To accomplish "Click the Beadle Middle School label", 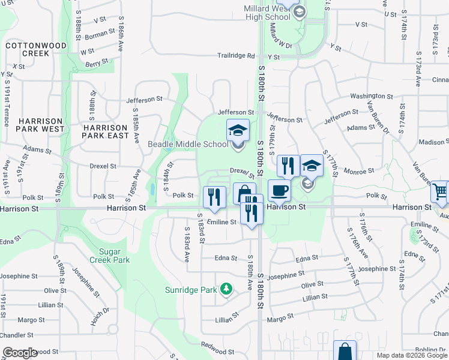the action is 188,144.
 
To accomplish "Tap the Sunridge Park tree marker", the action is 226,290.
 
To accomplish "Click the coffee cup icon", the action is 280,191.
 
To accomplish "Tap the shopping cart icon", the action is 440,192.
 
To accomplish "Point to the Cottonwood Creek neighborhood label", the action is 27,49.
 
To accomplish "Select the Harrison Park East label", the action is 106,131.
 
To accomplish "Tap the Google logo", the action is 20,353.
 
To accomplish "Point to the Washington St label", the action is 367,96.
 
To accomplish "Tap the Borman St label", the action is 100,33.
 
